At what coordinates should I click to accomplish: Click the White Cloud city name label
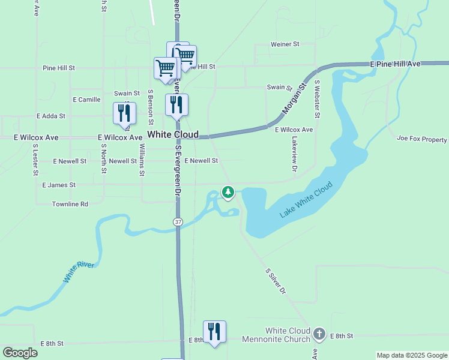[173, 134]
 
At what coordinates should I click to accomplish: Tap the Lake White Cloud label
[306, 200]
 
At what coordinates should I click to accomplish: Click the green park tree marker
[228, 192]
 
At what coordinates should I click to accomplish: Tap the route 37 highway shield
[178, 222]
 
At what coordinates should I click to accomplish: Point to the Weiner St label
[285, 44]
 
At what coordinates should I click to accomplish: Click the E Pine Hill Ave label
[396, 64]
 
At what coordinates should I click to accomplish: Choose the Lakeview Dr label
[294, 154]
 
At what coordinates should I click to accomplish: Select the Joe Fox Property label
[422, 139]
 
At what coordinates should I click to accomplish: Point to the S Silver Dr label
[276, 281]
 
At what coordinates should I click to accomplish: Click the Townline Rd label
[70, 204]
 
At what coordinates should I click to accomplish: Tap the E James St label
[59, 185]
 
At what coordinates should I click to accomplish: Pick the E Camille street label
[86, 99]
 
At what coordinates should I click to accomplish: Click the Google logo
[20, 353]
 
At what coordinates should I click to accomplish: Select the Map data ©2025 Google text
[411, 355]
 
